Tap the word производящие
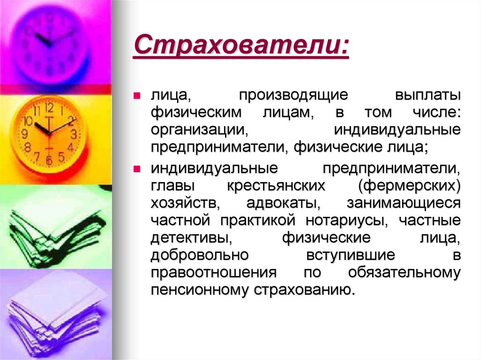click(294, 96)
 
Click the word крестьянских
click(277, 186)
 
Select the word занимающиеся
click(403, 203)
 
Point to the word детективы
click(192, 237)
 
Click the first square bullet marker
click(137, 96)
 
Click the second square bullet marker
click(137, 169)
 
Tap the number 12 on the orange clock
click(49, 107)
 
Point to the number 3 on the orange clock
click(74, 134)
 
